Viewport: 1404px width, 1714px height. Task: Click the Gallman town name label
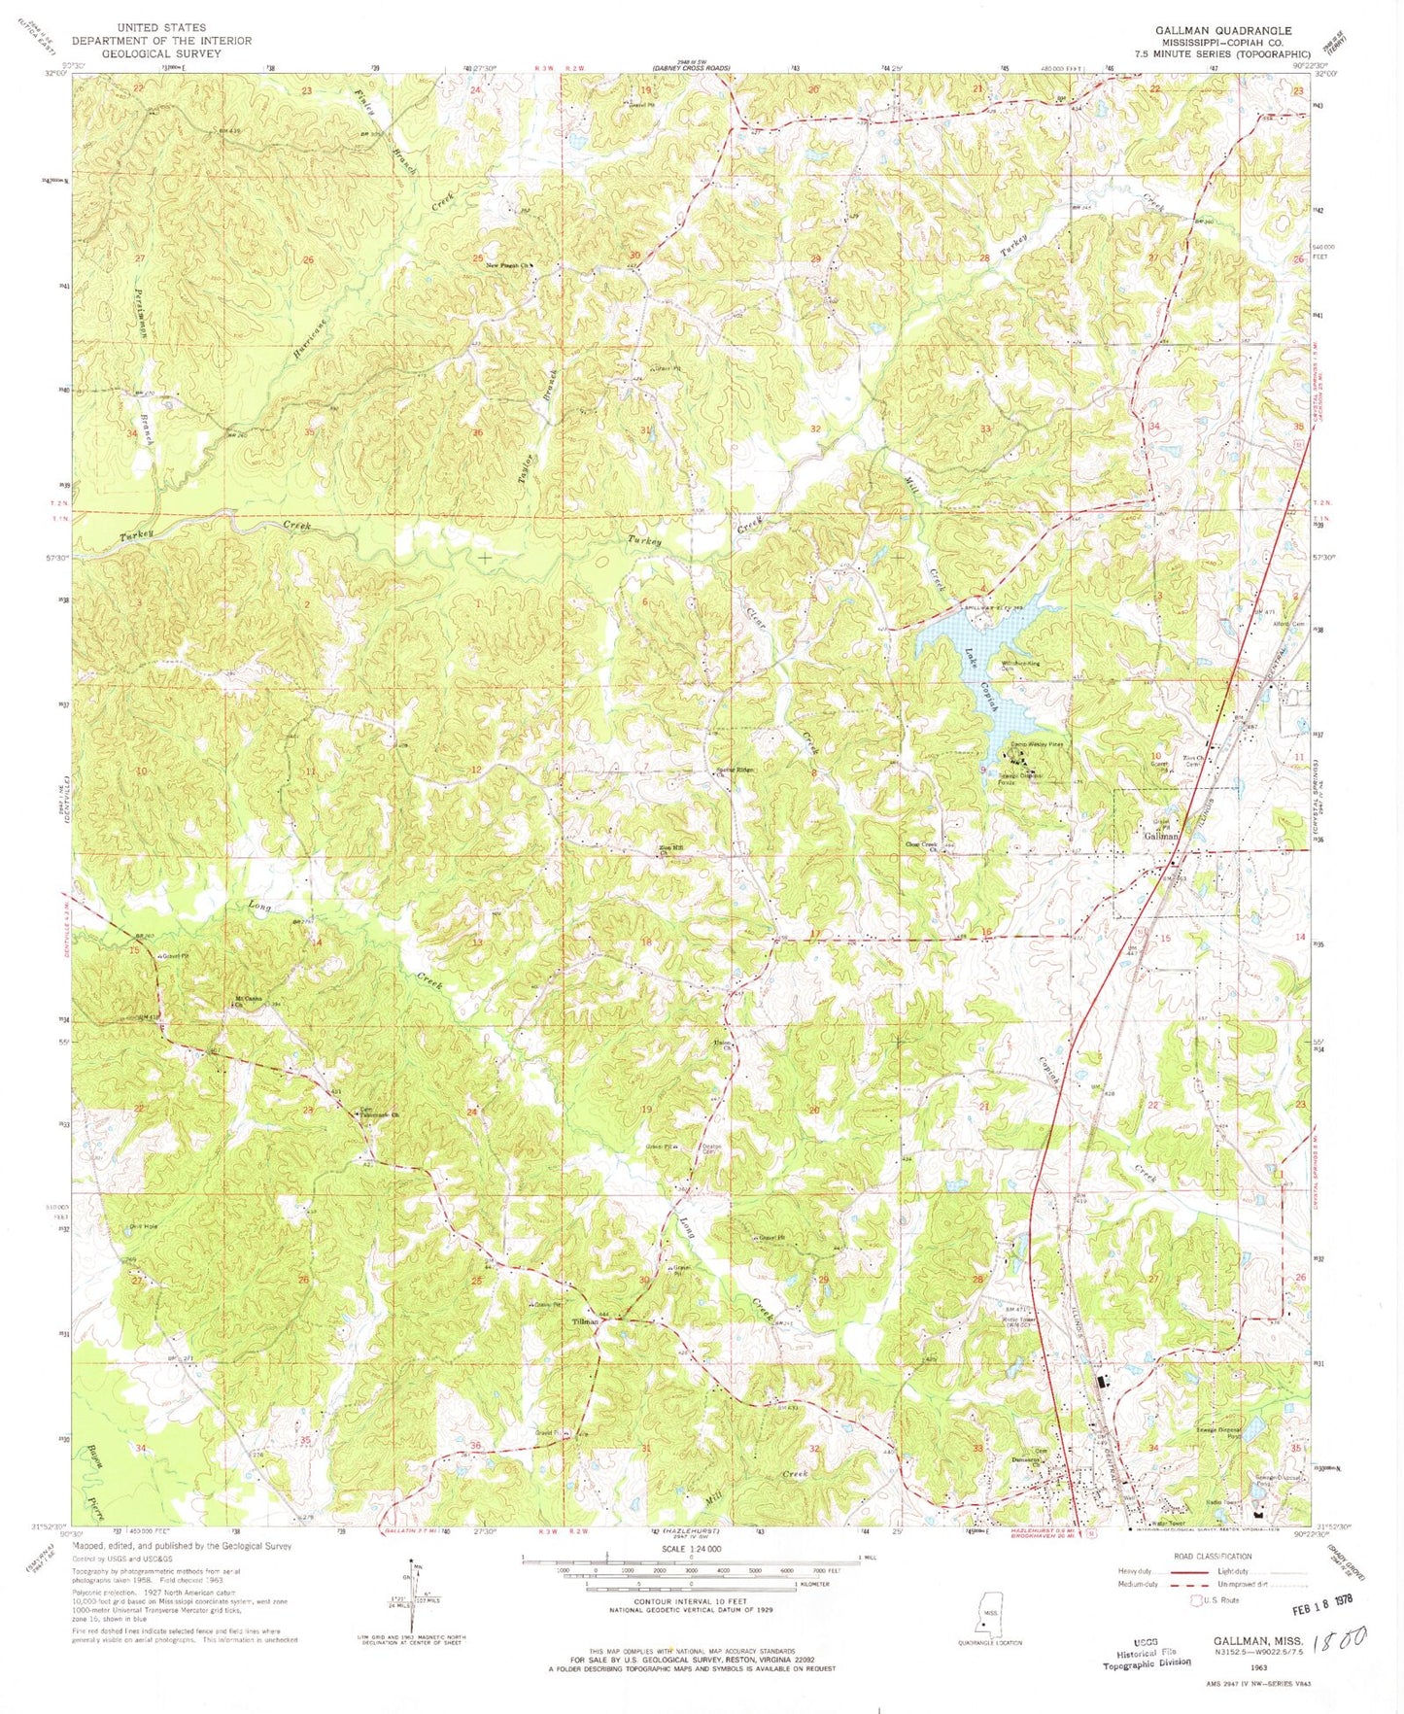pos(1160,836)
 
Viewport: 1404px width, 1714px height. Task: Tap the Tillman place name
pos(584,1321)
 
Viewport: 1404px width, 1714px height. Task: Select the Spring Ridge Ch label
pos(735,771)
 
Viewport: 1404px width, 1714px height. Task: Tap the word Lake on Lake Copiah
pos(970,658)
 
